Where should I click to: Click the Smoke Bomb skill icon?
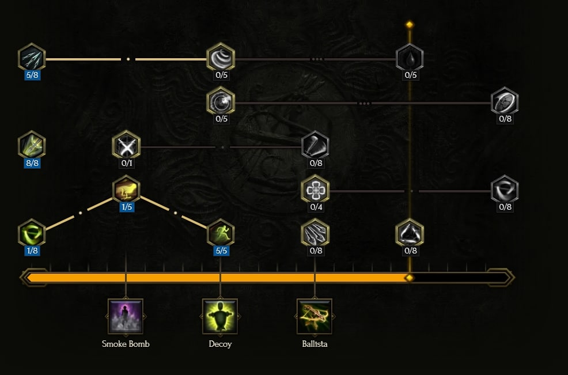(x=126, y=316)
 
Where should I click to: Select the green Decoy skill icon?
(x=220, y=316)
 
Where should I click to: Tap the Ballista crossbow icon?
(x=315, y=316)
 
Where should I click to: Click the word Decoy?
(x=220, y=344)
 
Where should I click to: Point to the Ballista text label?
(x=315, y=344)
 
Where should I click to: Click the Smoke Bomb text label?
(x=126, y=344)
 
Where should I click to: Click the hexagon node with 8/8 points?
(x=32, y=146)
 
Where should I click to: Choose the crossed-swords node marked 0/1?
(x=126, y=146)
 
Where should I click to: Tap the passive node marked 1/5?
(x=126, y=190)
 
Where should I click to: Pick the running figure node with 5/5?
(x=221, y=233)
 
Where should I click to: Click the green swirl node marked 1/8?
(x=32, y=233)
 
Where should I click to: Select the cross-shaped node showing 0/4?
(x=316, y=190)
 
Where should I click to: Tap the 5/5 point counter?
(x=221, y=251)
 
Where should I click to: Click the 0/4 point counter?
(x=316, y=207)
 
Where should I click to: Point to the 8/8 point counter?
(x=32, y=163)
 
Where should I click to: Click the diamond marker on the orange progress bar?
(x=410, y=278)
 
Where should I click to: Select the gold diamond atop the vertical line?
(x=410, y=25)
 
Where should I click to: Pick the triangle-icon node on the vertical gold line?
(x=410, y=233)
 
